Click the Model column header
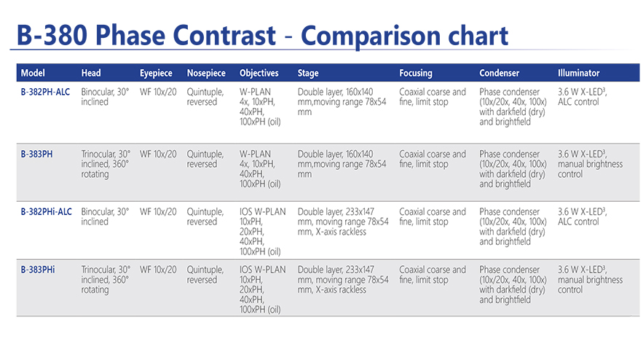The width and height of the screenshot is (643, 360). (x=33, y=73)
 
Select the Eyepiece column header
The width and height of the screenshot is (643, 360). (x=156, y=74)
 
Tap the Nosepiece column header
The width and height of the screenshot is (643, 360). (x=206, y=74)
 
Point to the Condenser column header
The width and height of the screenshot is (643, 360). (x=499, y=73)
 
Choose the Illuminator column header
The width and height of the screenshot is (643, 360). (x=578, y=73)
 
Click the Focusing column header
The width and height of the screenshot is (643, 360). (x=415, y=74)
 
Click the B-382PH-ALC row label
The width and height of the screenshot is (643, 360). (x=45, y=92)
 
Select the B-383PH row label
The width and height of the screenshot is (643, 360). (x=36, y=154)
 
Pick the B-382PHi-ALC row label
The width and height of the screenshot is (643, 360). (x=46, y=212)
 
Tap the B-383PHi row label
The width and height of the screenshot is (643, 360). (x=37, y=270)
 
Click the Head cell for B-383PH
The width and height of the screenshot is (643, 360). (x=106, y=164)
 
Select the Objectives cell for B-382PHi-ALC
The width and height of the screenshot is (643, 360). (x=262, y=232)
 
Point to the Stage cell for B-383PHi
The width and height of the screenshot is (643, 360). (x=343, y=280)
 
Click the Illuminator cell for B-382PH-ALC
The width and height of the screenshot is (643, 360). (x=582, y=97)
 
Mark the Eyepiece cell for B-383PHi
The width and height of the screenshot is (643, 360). (x=158, y=270)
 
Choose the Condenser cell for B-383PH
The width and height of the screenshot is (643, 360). (x=513, y=169)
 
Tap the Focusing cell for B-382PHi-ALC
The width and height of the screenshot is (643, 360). (x=433, y=216)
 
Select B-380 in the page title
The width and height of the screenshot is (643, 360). (x=52, y=35)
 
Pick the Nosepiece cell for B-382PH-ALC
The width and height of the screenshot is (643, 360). (x=205, y=97)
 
